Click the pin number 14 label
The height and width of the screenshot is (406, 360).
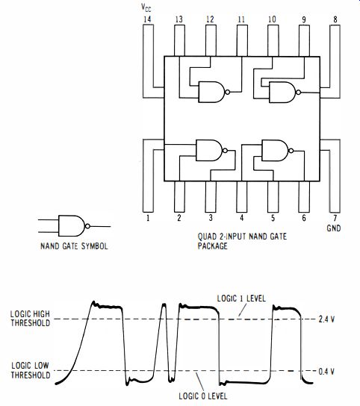[147, 19]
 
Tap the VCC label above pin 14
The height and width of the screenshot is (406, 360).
[146, 7]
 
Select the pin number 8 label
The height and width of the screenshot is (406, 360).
[335, 19]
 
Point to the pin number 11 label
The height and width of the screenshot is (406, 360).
[241, 19]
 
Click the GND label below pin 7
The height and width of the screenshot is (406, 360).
[334, 228]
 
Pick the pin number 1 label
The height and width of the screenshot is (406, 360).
[148, 218]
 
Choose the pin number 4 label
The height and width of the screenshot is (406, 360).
[241, 218]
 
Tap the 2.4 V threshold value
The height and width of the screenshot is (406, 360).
[326, 319]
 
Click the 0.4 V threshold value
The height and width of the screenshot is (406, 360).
[326, 372]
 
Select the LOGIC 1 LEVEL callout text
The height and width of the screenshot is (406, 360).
[241, 299]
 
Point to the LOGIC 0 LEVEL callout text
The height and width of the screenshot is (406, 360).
[203, 396]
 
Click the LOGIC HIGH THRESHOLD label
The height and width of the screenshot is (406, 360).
[30, 319]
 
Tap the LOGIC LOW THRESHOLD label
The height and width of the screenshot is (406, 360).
[31, 370]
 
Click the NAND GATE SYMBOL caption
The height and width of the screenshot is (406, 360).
[74, 246]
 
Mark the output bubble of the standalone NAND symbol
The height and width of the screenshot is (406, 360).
[87, 226]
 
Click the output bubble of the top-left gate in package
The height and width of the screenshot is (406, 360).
[227, 92]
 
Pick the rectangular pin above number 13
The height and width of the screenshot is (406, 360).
[179, 40]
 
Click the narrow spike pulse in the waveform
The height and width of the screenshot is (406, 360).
[164, 342]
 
